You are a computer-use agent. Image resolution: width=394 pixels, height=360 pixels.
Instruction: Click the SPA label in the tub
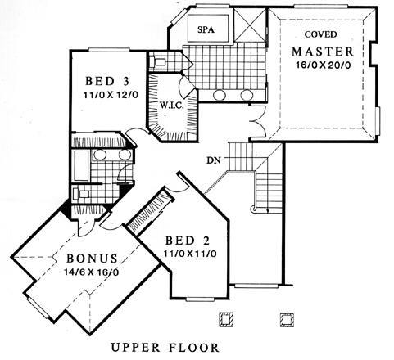click(x=206, y=29)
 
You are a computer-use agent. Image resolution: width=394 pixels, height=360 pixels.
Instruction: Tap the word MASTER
click(x=323, y=52)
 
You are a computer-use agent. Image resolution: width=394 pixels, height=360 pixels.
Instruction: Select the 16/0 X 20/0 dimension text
click(x=323, y=65)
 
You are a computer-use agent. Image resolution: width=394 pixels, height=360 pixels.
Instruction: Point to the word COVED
click(x=320, y=34)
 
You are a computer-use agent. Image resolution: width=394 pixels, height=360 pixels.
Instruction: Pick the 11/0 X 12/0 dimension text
click(x=111, y=95)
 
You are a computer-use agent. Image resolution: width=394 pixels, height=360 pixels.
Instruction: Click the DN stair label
click(x=214, y=160)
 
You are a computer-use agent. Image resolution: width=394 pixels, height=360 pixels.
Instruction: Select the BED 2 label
click(x=188, y=241)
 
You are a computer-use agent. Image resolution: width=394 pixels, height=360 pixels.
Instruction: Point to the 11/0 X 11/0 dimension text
click(x=190, y=254)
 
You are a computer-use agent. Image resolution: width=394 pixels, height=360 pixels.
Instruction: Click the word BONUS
click(x=92, y=259)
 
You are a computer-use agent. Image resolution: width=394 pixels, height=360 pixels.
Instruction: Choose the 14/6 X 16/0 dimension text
click(x=91, y=272)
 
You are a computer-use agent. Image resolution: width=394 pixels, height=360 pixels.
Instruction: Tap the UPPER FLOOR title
click(x=165, y=348)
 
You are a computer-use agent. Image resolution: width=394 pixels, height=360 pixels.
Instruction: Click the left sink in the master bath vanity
click(x=219, y=95)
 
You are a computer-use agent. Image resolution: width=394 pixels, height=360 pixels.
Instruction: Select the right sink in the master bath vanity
click(x=247, y=95)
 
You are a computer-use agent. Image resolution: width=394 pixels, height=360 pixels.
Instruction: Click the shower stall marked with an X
click(x=250, y=25)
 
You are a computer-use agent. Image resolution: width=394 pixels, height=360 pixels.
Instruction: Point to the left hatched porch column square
click(x=226, y=319)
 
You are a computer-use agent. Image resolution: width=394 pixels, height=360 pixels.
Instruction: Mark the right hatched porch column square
click(x=287, y=319)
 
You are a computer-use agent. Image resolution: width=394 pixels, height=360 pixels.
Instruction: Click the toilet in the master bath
click(x=157, y=62)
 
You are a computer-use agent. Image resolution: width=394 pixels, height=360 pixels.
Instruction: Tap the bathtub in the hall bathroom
click(x=82, y=165)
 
